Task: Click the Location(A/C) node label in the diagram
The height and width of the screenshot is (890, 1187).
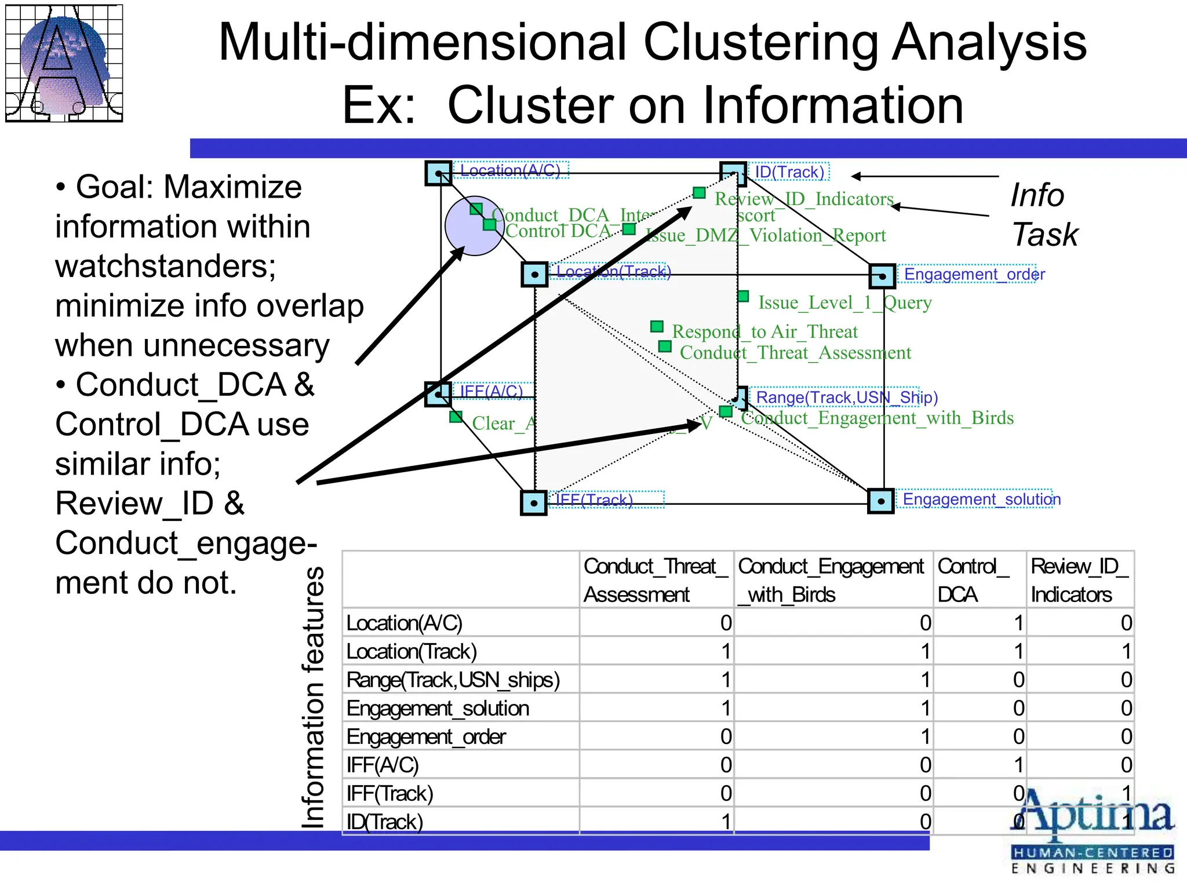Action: pos(510,170)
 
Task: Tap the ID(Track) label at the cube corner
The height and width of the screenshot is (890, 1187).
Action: pos(789,172)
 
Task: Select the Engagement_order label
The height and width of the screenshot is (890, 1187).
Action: pos(974,274)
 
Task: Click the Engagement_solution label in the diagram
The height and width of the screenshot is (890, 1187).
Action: pos(981,499)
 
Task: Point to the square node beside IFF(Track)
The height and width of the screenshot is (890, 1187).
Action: pos(534,502)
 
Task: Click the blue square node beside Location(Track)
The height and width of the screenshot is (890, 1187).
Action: pos(534,274)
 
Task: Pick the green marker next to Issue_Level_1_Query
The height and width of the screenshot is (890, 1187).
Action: pos(744,297)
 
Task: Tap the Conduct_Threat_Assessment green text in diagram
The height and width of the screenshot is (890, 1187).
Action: pos(795,352)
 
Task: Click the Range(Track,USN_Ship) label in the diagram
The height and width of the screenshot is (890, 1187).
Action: pos(846,397)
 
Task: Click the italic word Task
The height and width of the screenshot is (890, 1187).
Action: pos(1044,235)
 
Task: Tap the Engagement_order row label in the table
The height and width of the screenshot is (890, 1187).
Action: pos(426,736)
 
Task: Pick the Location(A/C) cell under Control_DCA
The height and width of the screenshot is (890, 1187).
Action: pos(980,623)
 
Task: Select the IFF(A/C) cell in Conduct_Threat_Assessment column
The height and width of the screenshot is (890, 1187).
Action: pos(656,765)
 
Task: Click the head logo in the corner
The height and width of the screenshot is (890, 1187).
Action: pos(64,63)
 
